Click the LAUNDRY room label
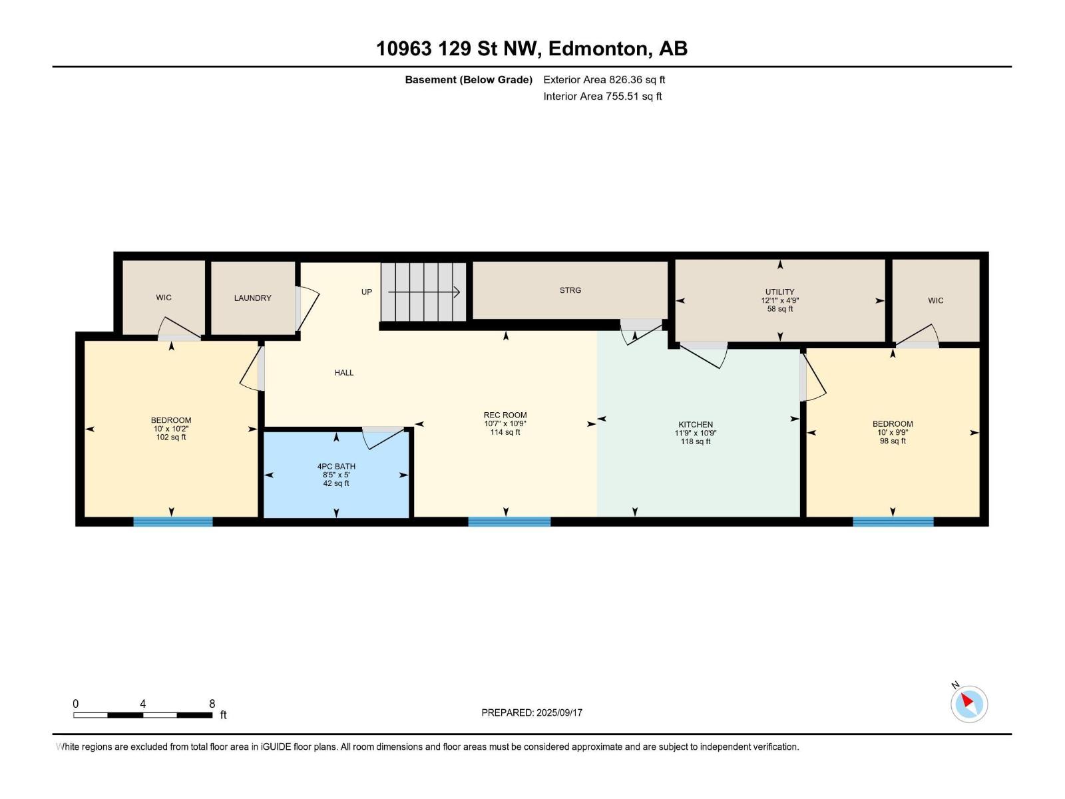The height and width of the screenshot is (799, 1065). pyautogui.click(x=252, y=298)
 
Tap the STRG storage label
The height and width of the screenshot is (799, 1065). pyautogui.click(x=570, y=290)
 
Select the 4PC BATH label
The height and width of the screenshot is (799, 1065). pyautogui.click(x=336, y=466)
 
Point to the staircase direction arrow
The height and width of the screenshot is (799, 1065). pyautogui.click(x=423, y=292)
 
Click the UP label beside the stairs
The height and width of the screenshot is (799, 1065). pyautogui.click(x=366, y=292)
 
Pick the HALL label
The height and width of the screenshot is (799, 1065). pyautogui.click(x=344, y=373)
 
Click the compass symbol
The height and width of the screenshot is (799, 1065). pyautogui.click(x=968, y=704)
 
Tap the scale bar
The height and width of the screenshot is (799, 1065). pyautogui.click(x=143, y=715)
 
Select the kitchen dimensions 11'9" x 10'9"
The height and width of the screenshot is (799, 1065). pyautogui.click(x=696, y=433)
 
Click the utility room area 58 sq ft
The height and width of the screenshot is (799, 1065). pyautogui.click(x=779, y=308)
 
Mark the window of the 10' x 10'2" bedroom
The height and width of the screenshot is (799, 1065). pyautogui.click(x=172, y=521)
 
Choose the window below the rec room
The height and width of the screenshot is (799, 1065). pyautogui.click(x=509, y=521)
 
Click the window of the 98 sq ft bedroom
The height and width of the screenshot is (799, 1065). pyautogui.click(x=893, y=521)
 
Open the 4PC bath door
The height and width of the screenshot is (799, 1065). pyautogui.click(x=384, y=437)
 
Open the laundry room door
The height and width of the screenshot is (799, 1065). pyautogui.click(x=307, y=309)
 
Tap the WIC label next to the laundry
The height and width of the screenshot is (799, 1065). pyautogui.click(x=164, y=298)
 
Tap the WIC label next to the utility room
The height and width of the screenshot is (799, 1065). pyautogui.click(x=935, y=300)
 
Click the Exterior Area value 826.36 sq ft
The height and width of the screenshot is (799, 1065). pyautogui.click(x=637, y=79)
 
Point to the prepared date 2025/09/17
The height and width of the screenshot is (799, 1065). pyautogui.click(x=559, y=712)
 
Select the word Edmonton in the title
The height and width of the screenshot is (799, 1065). pyautogui.click(x=600, y=49)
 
